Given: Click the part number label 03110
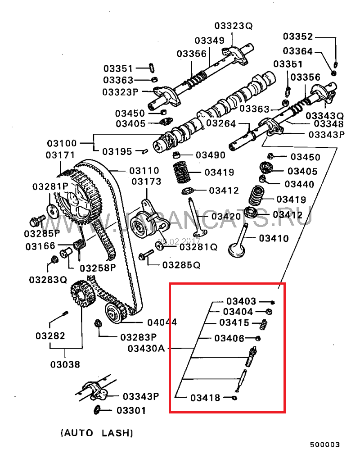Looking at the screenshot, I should (144, 171).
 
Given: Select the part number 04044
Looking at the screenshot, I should (162, 322).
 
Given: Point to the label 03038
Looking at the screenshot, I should (65, 364).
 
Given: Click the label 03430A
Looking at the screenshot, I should (147, 348).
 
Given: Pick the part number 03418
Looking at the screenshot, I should (205, 398).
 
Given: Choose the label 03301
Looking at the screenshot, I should (131, 410).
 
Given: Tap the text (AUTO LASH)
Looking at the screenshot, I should (97, 433).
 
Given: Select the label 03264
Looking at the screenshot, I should (221, 123).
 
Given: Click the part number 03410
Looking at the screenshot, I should (274, 238).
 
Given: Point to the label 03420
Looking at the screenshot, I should (226, 216).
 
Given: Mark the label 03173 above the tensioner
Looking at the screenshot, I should (146, 182).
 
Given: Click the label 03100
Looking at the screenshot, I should (62, 144).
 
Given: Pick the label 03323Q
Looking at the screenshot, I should (234, 26).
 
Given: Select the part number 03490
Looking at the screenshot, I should (211, 155).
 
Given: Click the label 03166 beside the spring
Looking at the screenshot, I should (40, 246).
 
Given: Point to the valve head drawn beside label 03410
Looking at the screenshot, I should (238, 249).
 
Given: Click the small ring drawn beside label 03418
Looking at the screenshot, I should (234, 398).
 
